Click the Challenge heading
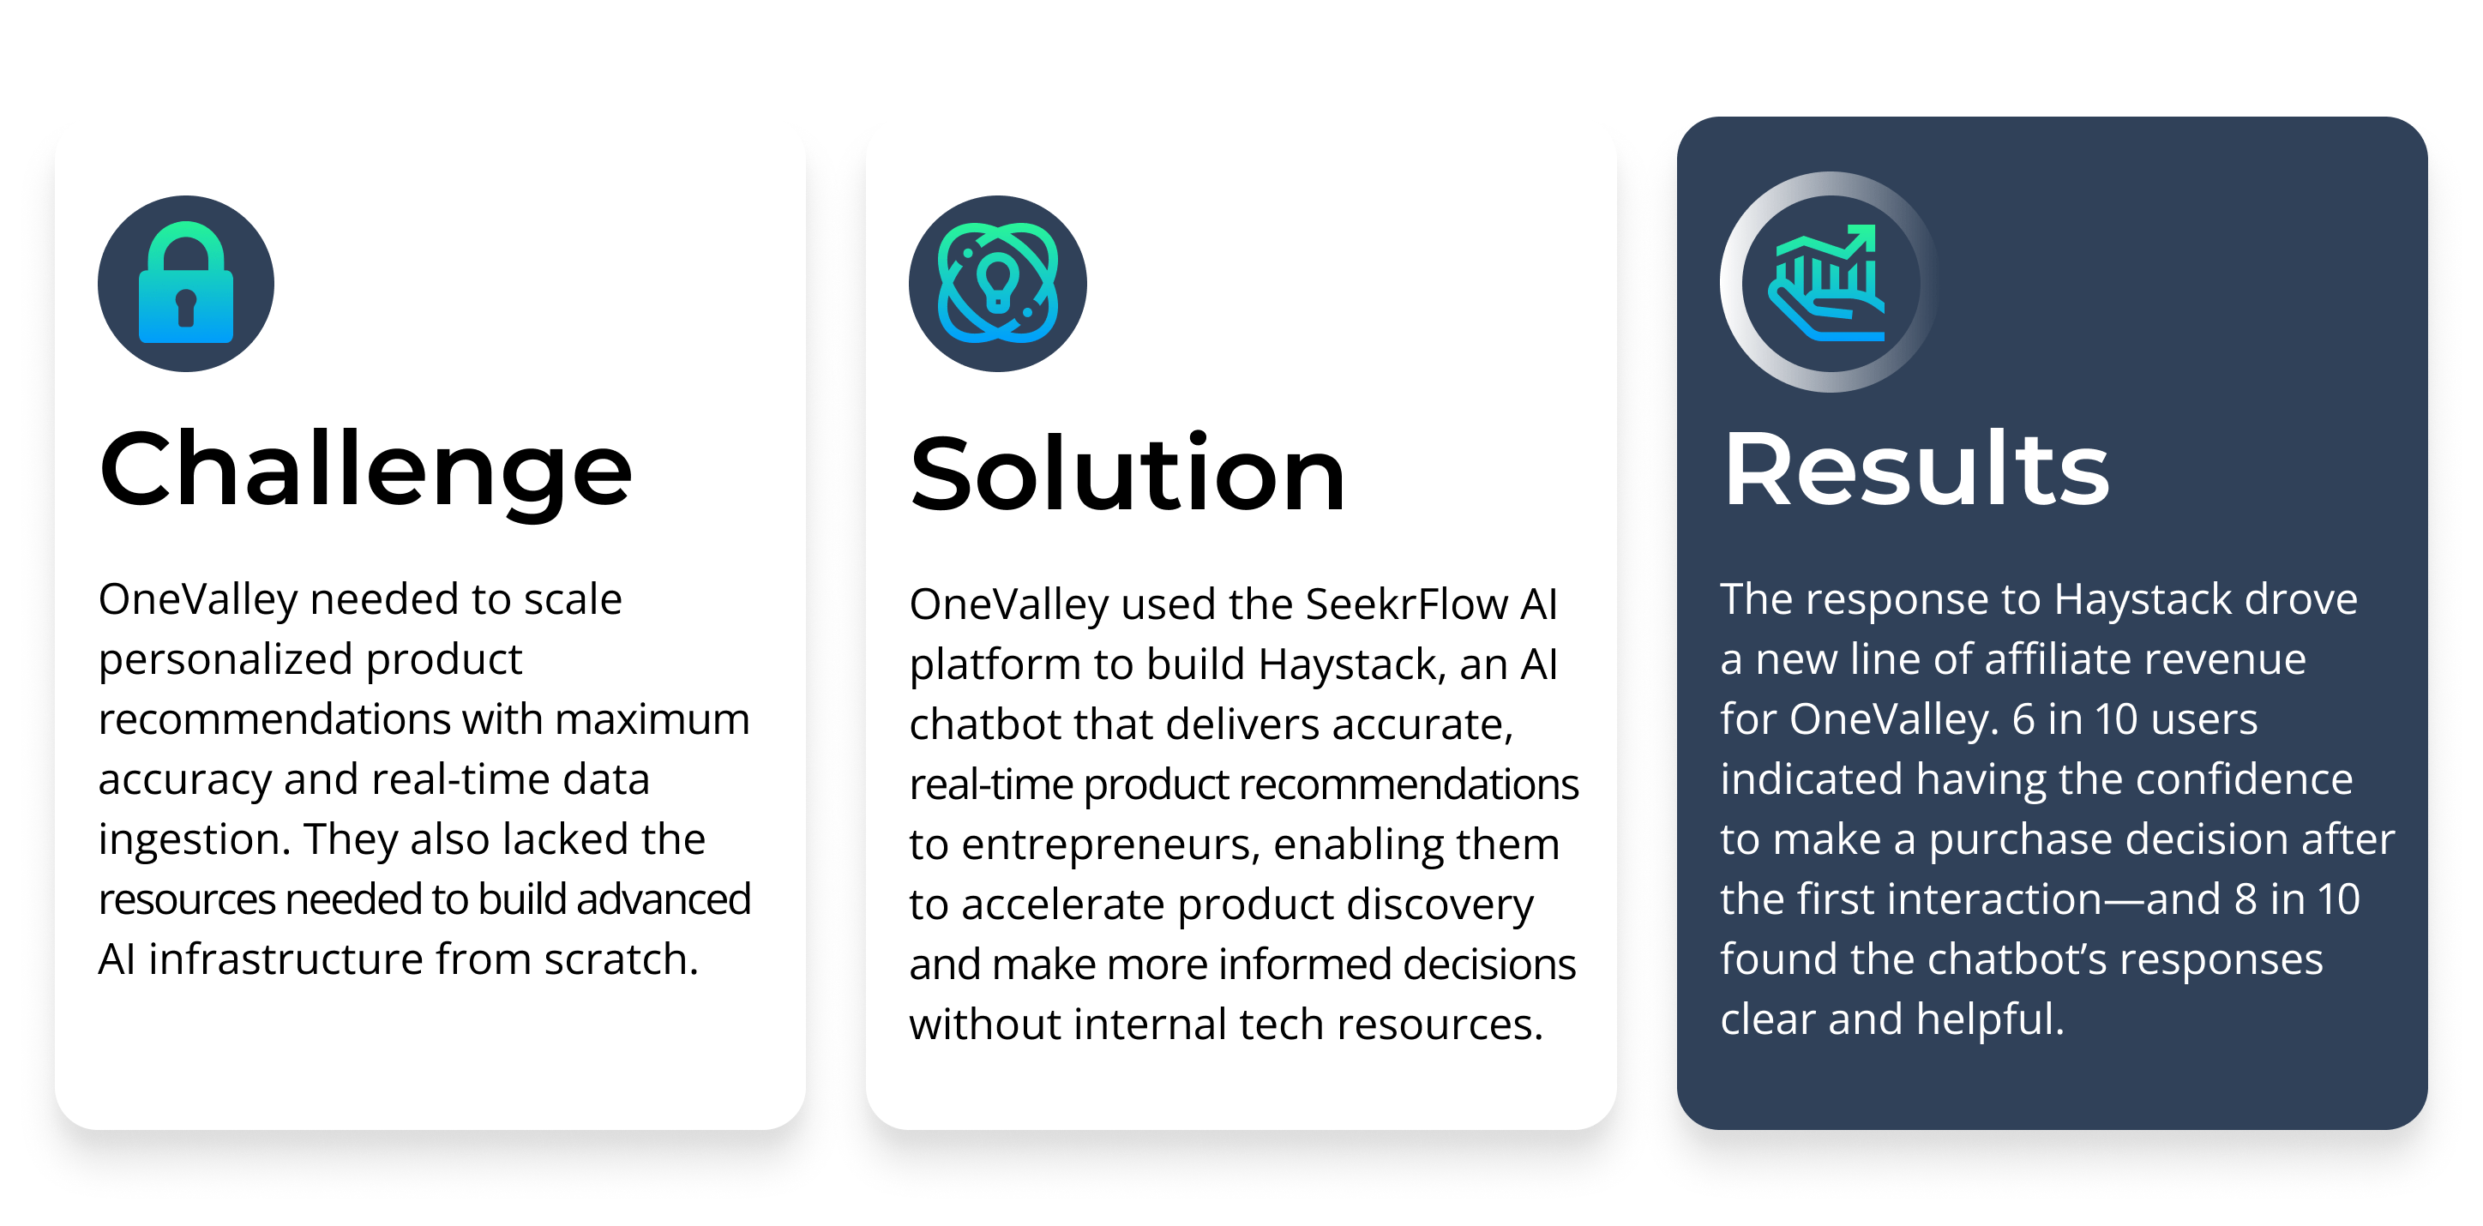(365, 472)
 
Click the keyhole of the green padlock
(186, 308)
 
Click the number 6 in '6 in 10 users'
(2023, 720)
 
